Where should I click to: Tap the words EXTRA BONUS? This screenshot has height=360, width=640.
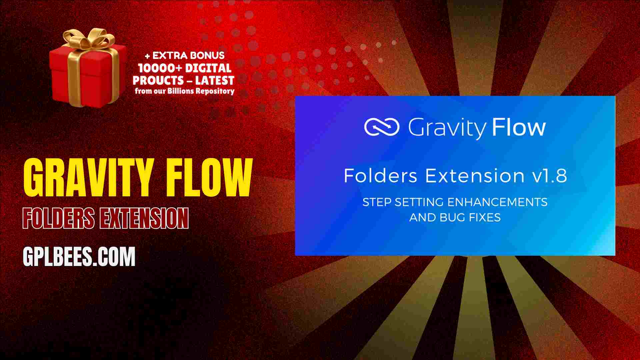pos(188,55)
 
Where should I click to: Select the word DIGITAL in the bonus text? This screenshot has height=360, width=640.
pos(208,68)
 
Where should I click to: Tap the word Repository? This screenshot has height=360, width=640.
pos(215,91)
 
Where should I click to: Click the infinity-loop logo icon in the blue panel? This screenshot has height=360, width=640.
pos(382,127)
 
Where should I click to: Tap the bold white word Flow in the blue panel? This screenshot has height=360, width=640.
pos(519,127)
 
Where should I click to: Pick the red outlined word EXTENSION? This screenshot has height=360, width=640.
pos(144,218)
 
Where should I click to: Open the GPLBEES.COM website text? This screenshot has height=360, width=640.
pos(79,257)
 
